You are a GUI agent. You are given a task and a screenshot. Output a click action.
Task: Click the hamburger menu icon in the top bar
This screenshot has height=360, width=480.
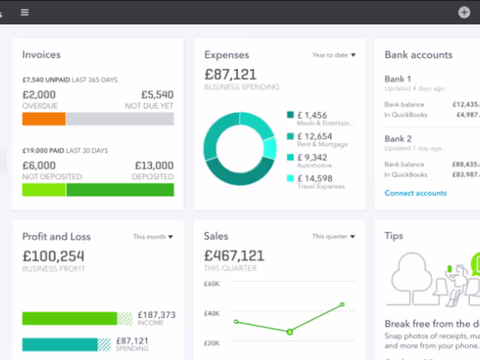pos(25,12)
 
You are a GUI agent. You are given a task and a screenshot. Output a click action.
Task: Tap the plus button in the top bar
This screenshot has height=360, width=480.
pos(464,12)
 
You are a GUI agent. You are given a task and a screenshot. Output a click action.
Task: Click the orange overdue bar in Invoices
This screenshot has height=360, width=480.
pos(44,119)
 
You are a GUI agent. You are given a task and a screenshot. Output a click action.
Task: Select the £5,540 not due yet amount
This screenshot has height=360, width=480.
pos(157,95)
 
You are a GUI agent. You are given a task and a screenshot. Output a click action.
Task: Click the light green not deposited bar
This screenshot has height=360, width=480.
pos(44,190)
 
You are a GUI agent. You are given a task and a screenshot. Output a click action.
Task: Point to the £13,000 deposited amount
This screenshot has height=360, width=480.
pos(154,166)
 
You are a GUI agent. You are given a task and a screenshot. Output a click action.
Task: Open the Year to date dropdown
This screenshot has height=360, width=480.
pos(334,55)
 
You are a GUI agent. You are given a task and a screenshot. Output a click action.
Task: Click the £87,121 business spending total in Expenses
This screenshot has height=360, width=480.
pos(230,74)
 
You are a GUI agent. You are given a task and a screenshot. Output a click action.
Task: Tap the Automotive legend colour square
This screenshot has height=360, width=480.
pos(290,157)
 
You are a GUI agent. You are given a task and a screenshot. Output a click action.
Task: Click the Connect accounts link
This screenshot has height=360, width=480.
pos(415,193)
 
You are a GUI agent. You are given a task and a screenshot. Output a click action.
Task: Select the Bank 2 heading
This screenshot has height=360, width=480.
pos(398,139)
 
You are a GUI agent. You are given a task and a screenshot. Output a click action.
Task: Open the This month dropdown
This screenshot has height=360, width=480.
pos(153,237)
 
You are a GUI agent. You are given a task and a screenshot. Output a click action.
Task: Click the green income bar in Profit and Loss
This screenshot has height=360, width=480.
pos(70,319)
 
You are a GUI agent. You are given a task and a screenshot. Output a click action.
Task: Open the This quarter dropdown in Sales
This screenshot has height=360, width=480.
pos(334,236)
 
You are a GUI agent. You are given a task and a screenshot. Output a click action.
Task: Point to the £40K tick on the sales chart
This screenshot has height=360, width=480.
pos(212,313)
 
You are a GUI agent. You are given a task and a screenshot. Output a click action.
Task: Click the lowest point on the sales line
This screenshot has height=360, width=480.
pos(290,332)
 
